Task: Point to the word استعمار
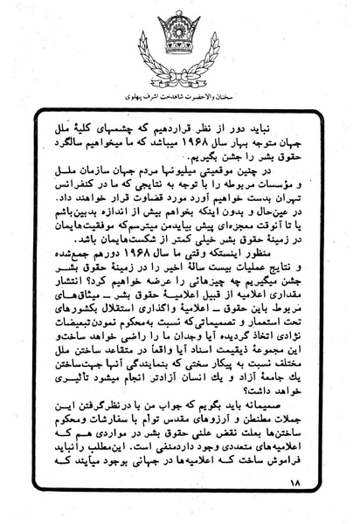[275, 348]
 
